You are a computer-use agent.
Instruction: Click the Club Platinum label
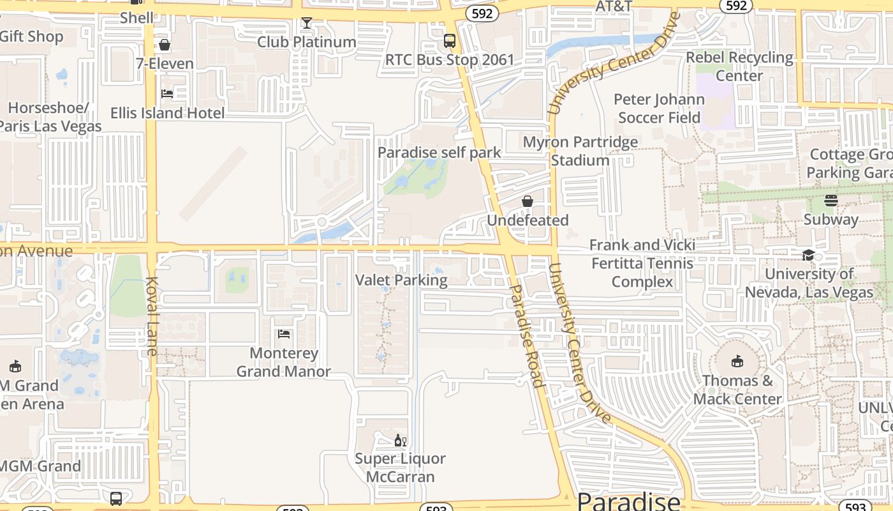coord(306,42)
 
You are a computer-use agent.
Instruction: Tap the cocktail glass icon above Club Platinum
coord(306,23)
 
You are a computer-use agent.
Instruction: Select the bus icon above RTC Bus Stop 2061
coord(450,41)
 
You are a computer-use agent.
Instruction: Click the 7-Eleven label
coord(165,63)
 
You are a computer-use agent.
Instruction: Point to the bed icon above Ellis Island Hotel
coord(167,93)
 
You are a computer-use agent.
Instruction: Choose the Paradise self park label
coord(439,153)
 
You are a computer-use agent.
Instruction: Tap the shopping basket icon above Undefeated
coord(528,201)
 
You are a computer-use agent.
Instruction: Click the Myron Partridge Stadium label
coord(580,151)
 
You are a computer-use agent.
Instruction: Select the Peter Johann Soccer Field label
coord(659,109)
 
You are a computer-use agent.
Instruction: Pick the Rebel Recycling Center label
coord(739,66)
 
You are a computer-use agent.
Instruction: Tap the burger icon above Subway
coord(830,201)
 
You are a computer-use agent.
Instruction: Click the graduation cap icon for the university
coord(809,255)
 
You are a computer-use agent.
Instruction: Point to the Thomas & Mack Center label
coord(737,390)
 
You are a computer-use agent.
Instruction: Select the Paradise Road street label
coord(528,336)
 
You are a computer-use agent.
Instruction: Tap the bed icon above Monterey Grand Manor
coord(284,333)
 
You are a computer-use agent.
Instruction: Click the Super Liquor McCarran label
coord(400,468)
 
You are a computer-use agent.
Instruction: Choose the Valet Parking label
coord(401,280)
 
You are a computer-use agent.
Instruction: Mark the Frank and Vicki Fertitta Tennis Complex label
coord(642,263)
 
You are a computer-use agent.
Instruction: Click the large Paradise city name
coord(628,501)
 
